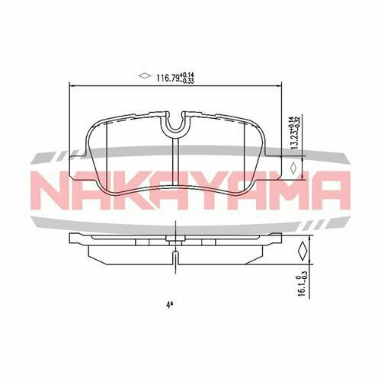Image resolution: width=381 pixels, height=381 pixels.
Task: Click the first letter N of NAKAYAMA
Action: [x=54, y=190]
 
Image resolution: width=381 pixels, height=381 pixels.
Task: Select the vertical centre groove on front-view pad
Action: [x=176, y=164]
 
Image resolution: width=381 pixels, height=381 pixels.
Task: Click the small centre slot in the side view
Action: [x=176, y=251]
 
